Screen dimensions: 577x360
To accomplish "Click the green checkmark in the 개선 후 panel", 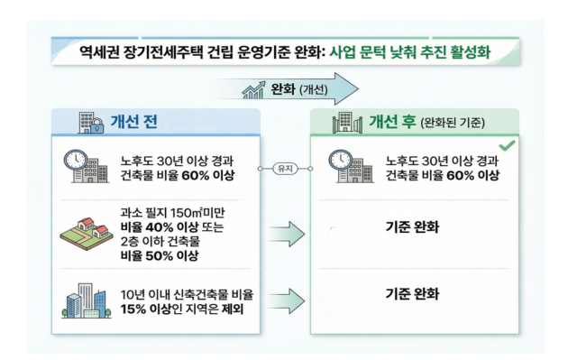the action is click(x=507, y=145).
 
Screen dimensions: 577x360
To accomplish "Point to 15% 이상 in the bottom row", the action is click(x=147, y=309).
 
